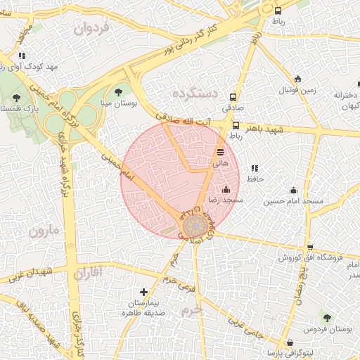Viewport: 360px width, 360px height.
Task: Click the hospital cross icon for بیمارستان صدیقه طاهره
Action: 144,291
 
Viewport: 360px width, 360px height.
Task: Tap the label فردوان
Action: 92,29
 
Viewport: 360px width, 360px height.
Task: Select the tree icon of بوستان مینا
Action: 117,91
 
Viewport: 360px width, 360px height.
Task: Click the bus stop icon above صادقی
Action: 234,97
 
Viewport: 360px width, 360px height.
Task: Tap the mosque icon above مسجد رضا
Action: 226,189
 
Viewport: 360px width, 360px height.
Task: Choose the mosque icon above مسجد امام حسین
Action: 293,190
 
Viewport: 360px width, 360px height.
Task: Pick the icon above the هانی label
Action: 221,151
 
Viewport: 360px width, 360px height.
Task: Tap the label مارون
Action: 42,230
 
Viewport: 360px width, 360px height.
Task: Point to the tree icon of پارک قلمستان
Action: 16,98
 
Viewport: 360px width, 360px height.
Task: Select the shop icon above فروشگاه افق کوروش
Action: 310,247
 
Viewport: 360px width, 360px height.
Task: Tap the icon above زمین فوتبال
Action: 299,79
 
